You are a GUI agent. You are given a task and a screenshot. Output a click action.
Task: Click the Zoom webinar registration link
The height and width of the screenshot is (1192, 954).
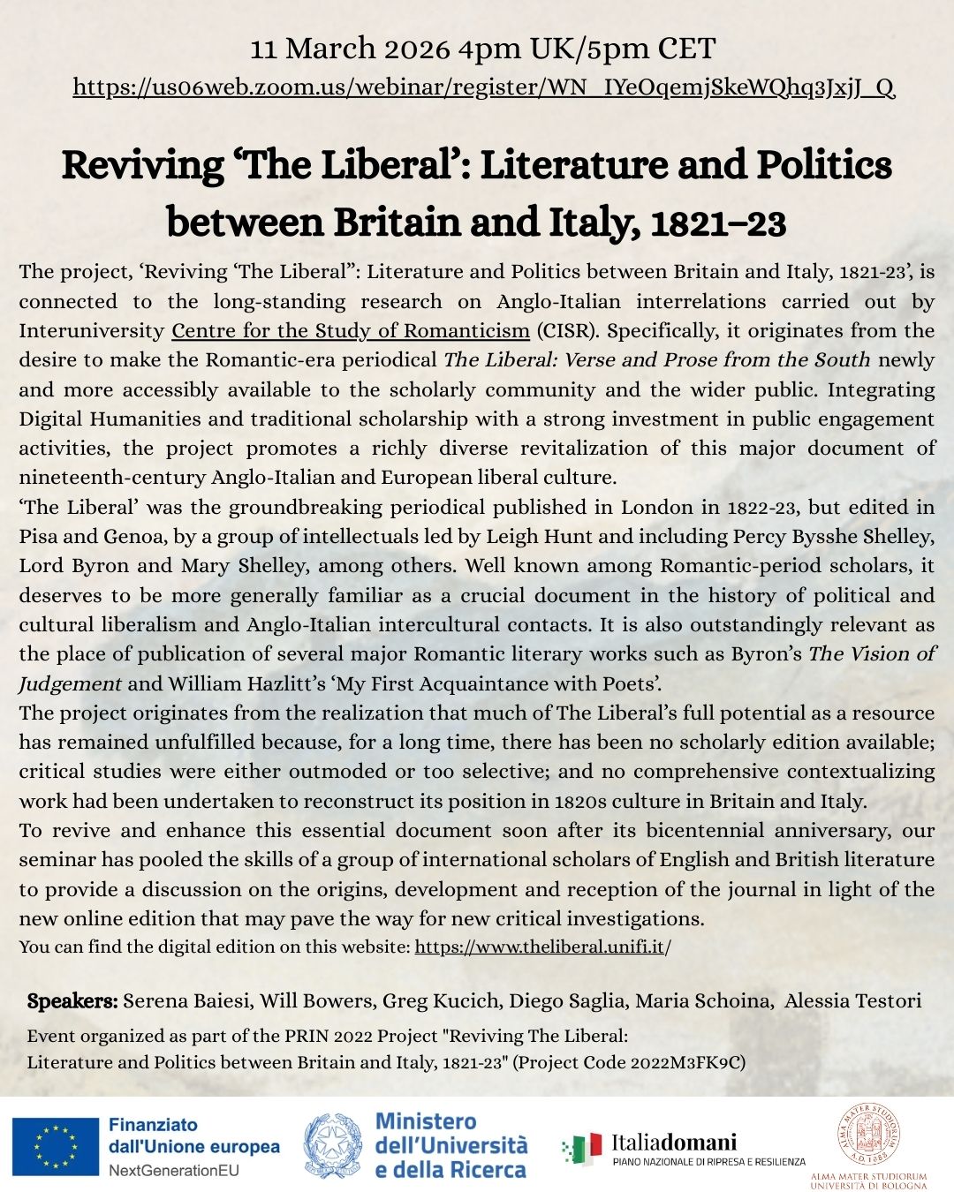[x=483, y=87]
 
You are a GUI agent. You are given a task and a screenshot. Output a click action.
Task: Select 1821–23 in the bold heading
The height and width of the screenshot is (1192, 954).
[x=717, y=223]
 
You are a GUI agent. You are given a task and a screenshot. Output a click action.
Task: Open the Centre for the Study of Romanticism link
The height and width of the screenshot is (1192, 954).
[x=350, y=331]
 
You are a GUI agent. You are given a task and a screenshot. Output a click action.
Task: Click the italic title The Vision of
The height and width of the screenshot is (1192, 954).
[x=871, y=654]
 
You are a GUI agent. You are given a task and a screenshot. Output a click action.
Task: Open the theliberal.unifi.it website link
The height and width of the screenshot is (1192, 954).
[x=542, y=947]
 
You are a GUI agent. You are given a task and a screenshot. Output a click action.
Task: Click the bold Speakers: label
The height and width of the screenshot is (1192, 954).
[x=72, y=1001]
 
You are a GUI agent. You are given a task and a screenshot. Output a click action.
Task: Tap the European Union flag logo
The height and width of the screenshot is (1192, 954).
[x=55, y=1147]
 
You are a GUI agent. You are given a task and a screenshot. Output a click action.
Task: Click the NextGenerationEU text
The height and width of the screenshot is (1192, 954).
[x=173, y=1171]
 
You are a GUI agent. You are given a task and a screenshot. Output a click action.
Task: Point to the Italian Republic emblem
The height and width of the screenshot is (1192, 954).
[x=333, y=1146]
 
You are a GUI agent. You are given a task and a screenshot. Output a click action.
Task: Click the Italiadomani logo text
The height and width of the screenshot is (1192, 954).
[x=674, y=1143]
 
